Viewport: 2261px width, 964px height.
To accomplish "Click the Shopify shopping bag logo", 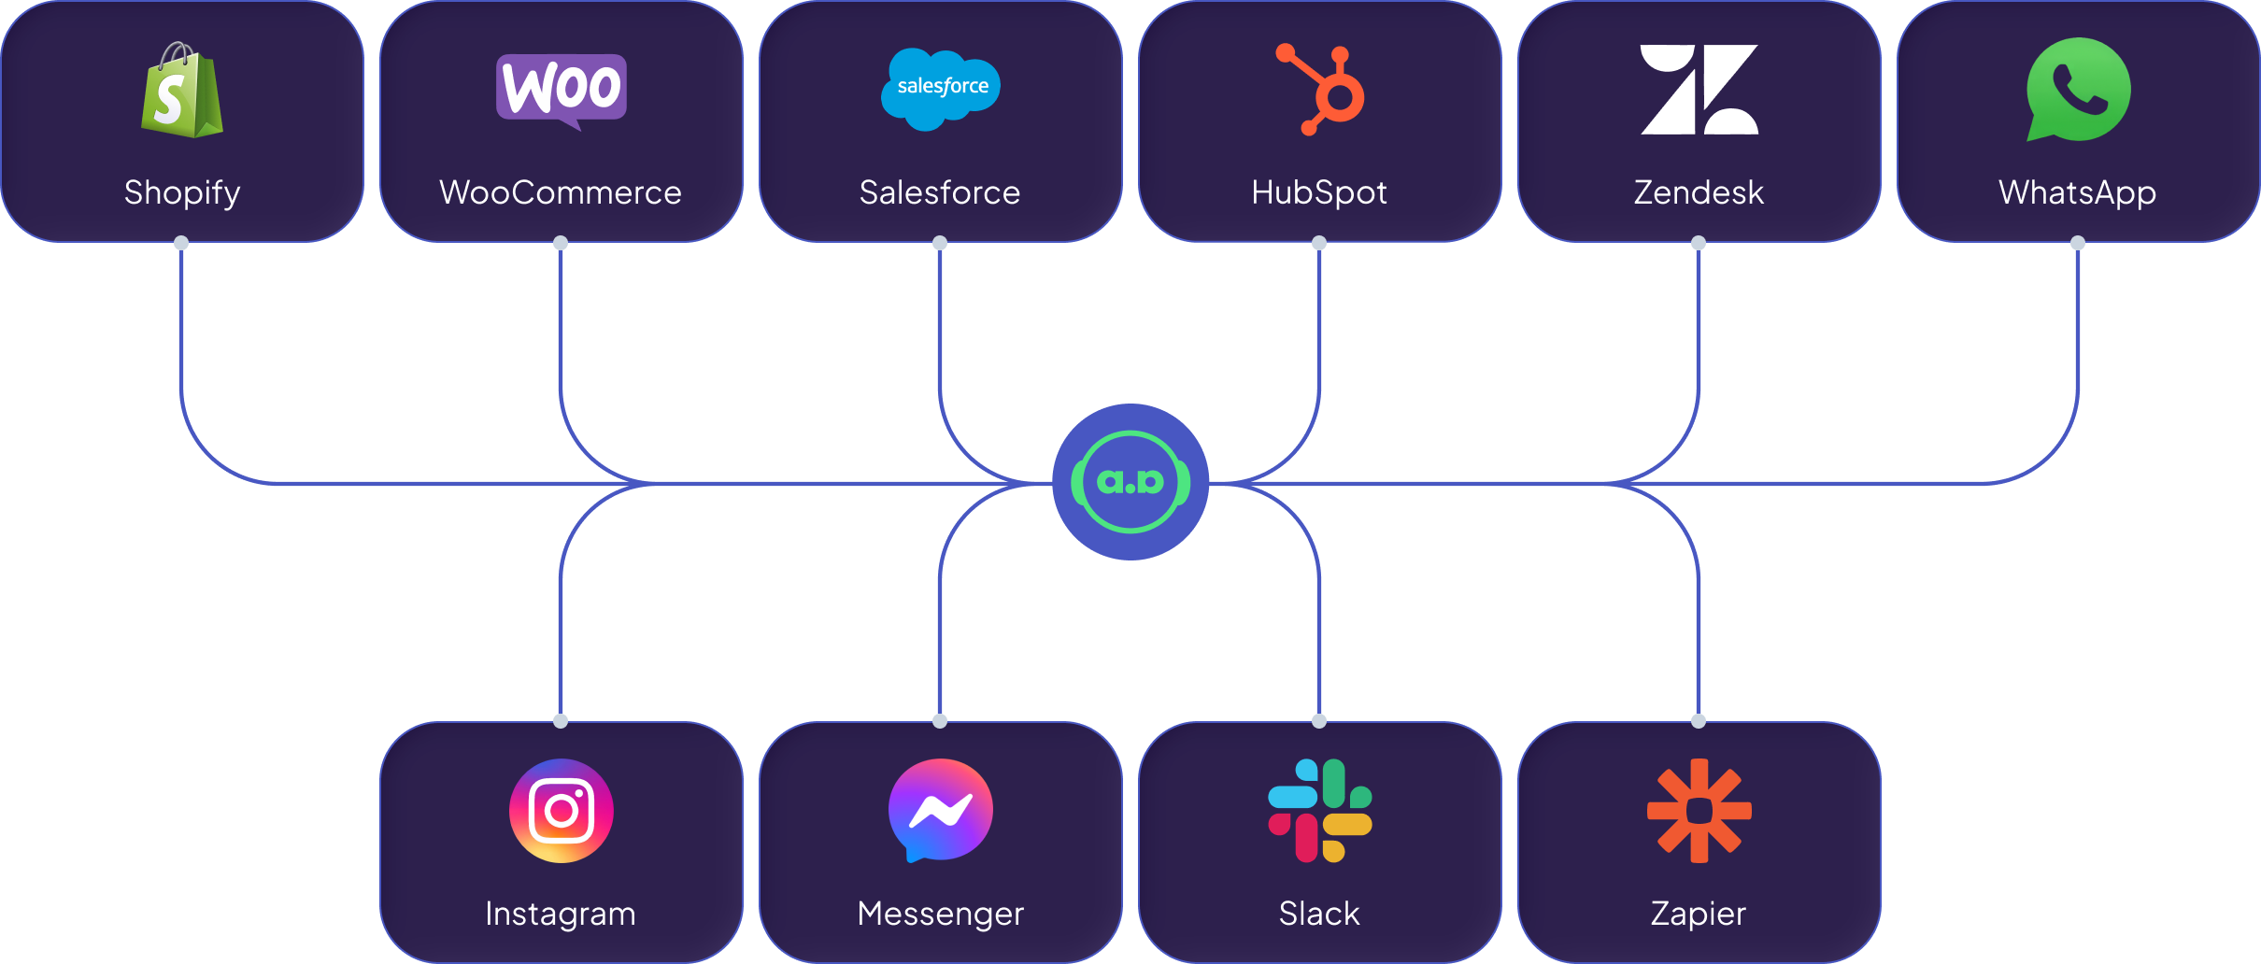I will point(182,91).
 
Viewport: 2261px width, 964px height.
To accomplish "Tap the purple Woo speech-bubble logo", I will point(562,89).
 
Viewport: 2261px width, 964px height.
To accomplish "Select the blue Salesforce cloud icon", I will point(941,89).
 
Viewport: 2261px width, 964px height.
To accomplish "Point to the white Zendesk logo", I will point(1699,90).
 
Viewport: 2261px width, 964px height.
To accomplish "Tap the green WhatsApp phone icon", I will point(2079,90).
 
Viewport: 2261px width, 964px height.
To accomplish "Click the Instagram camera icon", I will point(562,811).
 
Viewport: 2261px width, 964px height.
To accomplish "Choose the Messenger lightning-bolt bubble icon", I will point(941,811).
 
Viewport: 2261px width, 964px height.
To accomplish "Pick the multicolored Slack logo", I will point(1320,811).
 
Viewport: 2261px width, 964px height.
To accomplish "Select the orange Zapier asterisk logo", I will point(1699,811).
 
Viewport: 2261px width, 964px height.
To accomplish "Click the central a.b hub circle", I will point(1130,482).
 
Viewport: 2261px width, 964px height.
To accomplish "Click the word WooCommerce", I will point(561,192).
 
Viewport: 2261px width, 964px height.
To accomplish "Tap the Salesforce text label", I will point(940,192).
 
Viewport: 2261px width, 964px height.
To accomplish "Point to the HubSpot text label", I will point(1319,192).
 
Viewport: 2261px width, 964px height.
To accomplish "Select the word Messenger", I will point(941,914).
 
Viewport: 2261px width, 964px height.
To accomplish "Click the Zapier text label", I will point(1699,914).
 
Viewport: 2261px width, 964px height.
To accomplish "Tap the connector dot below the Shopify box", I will point(181,243).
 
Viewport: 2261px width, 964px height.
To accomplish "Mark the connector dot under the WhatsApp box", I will point(2078,243).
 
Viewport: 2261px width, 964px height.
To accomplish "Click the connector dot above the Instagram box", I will point(561,721).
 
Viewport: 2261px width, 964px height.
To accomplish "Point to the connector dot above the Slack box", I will point(1319,721).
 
